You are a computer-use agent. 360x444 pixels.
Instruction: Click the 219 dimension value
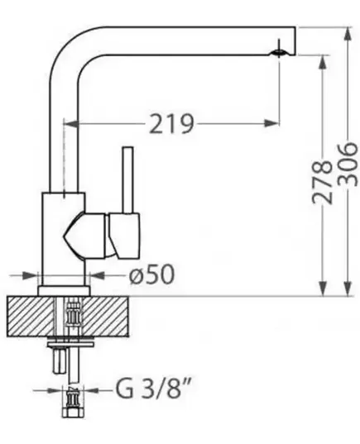click(171, 124)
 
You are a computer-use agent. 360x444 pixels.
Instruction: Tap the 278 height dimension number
click(322, 182)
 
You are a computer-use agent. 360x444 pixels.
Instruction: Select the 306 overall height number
click(348, 165)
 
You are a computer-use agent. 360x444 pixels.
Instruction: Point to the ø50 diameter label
click(151, 275)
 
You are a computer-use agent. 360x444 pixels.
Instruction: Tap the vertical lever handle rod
click(127, 179)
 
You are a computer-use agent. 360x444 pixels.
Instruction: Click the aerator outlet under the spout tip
click(279, 53)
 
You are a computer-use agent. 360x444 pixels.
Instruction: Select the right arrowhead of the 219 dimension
click(271, 123)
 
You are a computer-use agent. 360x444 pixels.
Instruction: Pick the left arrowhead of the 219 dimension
click(70, 123)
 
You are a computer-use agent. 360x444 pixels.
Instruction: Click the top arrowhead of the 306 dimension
click(348, 35)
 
